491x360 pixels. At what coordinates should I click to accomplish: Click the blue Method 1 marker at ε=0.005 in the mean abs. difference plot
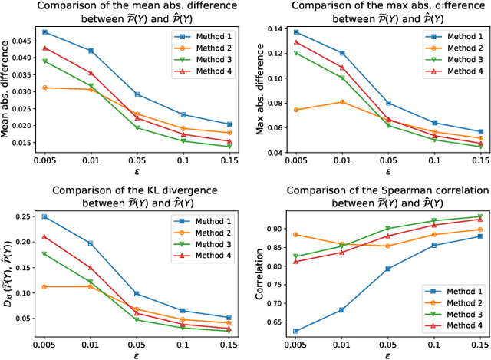45,32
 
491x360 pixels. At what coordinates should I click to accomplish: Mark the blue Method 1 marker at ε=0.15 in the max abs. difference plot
479,132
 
